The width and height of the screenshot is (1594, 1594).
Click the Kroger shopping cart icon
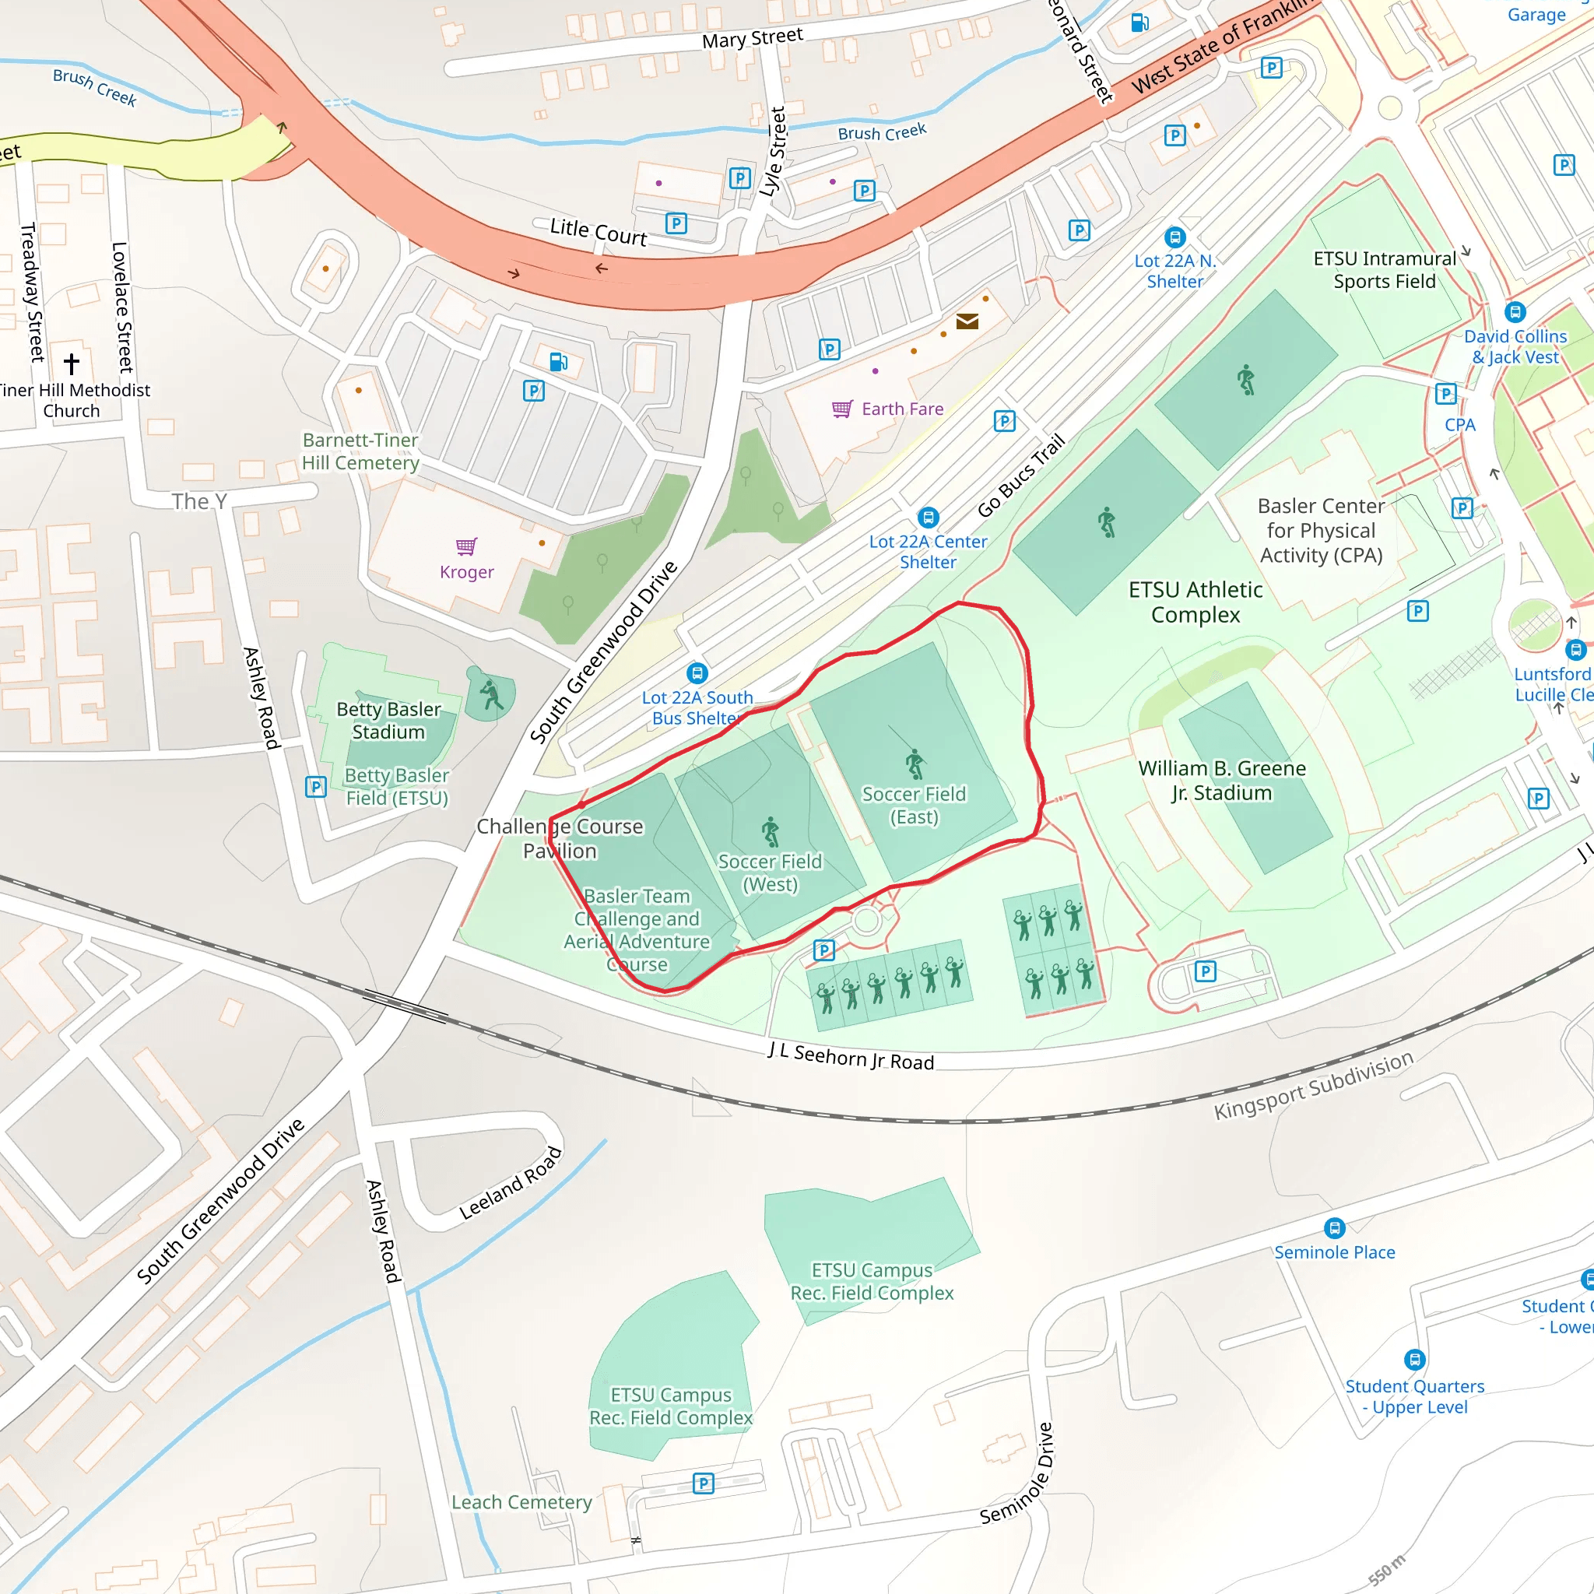pyautogui.click(x=466, y=546)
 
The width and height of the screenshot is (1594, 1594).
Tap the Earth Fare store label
pyautogui.click(x=902, y=409)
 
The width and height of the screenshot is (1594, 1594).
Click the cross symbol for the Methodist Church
pyautogui.click(x=72, y=363)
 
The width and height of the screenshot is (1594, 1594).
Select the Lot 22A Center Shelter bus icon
pyautogui.click(x=929, y=518)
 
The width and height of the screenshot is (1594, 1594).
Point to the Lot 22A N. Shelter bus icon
pyautogui.click(x=1174, y=237)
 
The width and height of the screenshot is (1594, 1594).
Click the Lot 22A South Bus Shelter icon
pyautogui.click(x=697, y=673)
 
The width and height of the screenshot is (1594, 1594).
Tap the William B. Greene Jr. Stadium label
pyautogui.click(x=1222, y=781)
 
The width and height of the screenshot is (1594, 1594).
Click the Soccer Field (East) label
pyautogui.click(x=913, y=806)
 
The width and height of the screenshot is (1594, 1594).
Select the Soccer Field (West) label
pyautogui.click(x=770, y=873)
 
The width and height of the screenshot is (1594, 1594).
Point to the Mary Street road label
pyautogui.click(x=753, y=38)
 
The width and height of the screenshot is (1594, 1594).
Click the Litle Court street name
pyautogui.click(x=599, y=232)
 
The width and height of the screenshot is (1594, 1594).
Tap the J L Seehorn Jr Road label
pyautogui.click(x=851, y=1056)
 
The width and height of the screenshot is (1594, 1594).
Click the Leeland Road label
pyautogui.click(x=511, y=1183)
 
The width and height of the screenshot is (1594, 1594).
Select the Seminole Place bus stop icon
pyautogui.click(x=1334, y=1228)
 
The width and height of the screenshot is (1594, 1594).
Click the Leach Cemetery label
pyautogui.click(x=521, y=1502)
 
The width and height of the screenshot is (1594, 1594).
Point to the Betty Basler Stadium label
pyautogui.click(x=388, y=720)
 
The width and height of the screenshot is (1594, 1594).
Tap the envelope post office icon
pyautogui.click(x=967, y=321)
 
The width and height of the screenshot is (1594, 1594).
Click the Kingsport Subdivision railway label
pyautogui.click(x=1314, y=1085)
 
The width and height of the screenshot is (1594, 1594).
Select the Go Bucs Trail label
pyautogui.click(x=1021, y=476)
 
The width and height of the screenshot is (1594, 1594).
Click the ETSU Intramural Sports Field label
pyautogui.click(x=1385, y=270)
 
